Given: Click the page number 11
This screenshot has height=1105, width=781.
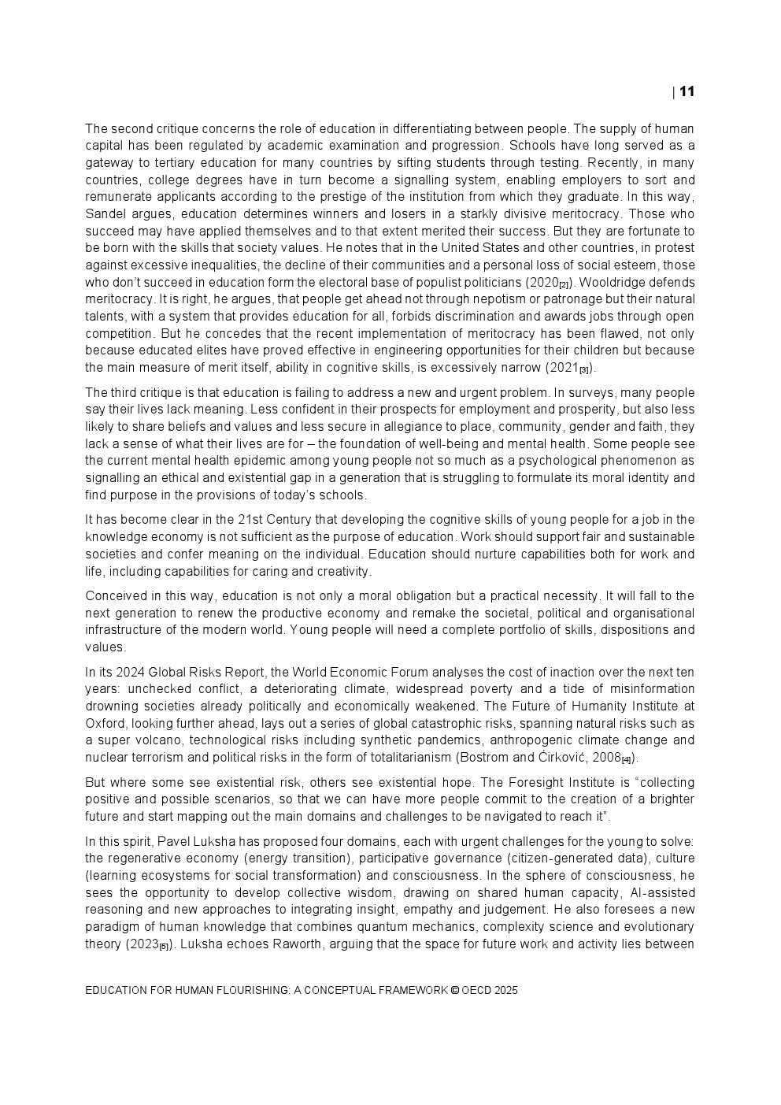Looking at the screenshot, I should (687, 91).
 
